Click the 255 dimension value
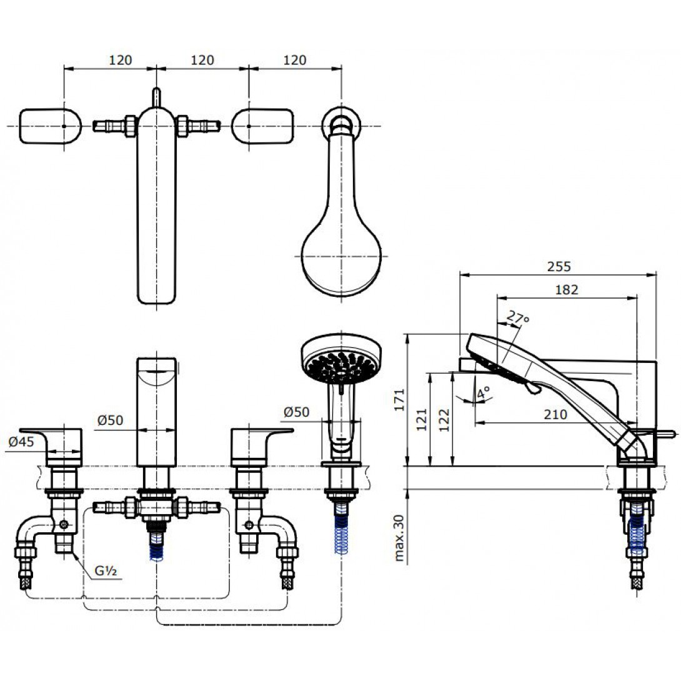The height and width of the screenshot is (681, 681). click(x=559, y=266)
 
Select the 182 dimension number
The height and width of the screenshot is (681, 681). click(x=566, y=289)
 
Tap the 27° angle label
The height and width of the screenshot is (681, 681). click(x=518, y=318)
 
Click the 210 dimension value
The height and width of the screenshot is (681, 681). click(x=555, y=414)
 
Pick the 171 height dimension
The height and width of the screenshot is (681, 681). click(x=400, y=400)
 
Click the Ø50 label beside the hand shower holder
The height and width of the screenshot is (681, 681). click(x=296, y=412)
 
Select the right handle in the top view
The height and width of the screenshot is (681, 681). click(x=262, y=126)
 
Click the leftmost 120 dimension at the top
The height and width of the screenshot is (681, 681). click(x=120, y=60)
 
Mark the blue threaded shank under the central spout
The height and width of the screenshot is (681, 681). click(x=156, y=545)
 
